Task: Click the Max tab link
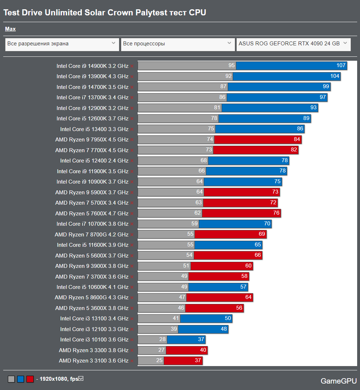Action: coord(10,29)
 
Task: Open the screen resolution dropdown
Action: coord(62,44)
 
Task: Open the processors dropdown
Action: coord(178,44)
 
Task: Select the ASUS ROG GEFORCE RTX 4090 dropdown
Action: coord(293,44)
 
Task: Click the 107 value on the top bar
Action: coord(341,66)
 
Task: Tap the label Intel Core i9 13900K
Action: coord(92,76)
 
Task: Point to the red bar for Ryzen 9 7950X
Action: coord(257,140)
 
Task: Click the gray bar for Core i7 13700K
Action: coord(182,97)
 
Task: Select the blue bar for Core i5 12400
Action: coord(248,161)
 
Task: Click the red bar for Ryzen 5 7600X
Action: coord(241,214)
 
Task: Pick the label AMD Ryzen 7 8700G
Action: coord(91,235)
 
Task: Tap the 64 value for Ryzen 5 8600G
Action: coord(248,297)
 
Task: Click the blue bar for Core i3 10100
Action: coord(186,340)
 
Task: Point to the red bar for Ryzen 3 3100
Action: coord(183,361)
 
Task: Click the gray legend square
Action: coord(11,379)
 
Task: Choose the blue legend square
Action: coord(20,379)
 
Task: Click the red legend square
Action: coord(30,379)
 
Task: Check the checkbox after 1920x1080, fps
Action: coord(81,378)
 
